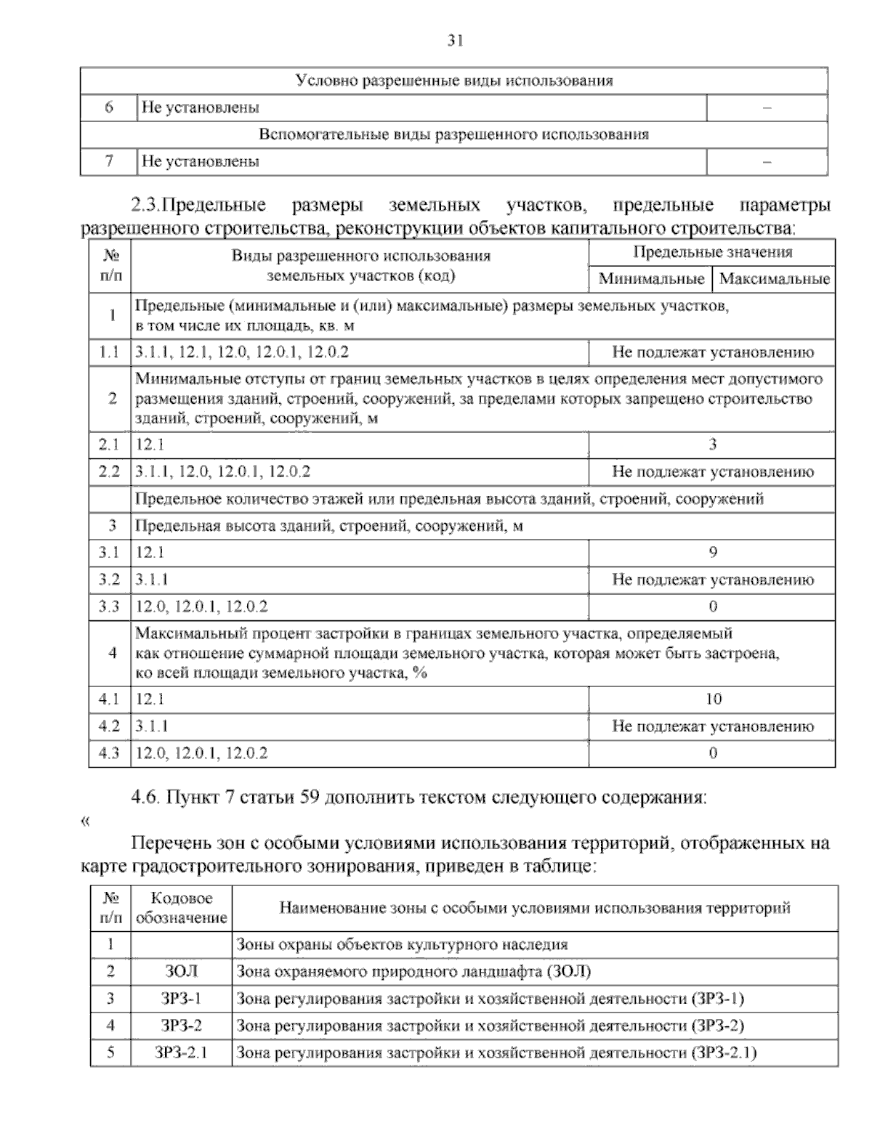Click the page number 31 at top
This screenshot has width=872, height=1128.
(454, 41)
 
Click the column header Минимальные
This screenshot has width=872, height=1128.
(651, 279)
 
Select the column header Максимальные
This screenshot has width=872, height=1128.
(774, 279)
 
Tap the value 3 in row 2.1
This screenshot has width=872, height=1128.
(712, 445)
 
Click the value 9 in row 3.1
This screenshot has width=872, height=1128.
(712, 553)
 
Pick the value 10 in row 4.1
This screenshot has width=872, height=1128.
(713, 699)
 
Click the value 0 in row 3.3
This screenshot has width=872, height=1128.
(712, 606)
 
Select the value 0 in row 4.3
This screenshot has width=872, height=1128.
(712, 753)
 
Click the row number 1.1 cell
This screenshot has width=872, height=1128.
(109, 353)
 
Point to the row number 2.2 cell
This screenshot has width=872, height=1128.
(109, 471)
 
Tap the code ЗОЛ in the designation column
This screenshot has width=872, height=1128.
(181, 972)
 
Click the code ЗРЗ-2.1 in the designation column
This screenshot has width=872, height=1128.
(181, 1052)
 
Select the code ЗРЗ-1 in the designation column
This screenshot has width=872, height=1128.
(181, 999)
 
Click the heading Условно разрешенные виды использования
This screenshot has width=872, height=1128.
(454, 81)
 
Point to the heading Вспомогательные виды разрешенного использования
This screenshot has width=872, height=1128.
(454, 134)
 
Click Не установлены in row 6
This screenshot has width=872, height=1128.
(201, 108)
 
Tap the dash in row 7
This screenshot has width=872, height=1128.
(767, 162)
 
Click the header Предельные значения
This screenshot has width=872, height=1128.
(712, 253)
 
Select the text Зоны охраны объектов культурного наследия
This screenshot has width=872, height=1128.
(403, 945)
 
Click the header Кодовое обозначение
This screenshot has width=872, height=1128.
(181, 909)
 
